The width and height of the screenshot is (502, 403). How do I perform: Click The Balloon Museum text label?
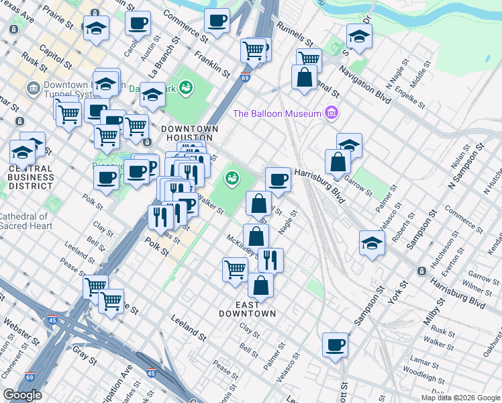(x=277, y=114)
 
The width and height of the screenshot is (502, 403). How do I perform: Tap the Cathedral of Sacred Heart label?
(x=24, y=221)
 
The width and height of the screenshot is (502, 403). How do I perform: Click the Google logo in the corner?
(x=22, y=395)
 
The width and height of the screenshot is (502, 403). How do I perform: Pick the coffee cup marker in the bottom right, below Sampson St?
(x=335, y=345)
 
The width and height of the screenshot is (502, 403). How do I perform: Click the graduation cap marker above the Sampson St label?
(x=372, y=244)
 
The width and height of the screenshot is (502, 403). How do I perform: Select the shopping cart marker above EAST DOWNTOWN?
(x=234, y=270)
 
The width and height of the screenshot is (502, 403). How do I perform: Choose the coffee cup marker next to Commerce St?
(x=216, y=21)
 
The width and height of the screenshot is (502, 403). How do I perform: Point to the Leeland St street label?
(x=188, y=326)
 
